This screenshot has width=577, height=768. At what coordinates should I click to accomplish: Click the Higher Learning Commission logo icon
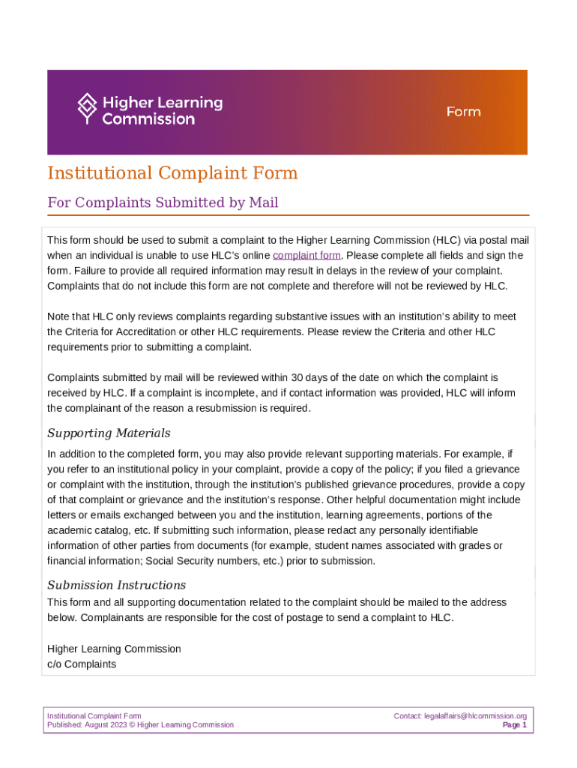tap(88, 109)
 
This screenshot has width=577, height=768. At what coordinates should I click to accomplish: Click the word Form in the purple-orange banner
tap(464, 112)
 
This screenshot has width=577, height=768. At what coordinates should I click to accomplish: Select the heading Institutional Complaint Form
tap(172, 173)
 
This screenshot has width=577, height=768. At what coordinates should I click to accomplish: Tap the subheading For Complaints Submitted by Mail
tap(163, 202)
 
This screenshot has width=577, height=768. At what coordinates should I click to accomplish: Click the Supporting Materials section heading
tap(109, 433)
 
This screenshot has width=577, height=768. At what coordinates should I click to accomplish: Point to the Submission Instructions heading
tap(116, 585)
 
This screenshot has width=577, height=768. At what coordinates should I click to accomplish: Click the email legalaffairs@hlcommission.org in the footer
tap(470, 715)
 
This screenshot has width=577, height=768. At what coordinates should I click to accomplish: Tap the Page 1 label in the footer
tap(515, 725)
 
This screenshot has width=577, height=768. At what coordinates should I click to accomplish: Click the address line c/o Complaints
tap(82, 664)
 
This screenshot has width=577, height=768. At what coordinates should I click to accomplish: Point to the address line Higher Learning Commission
tap(114, 649)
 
